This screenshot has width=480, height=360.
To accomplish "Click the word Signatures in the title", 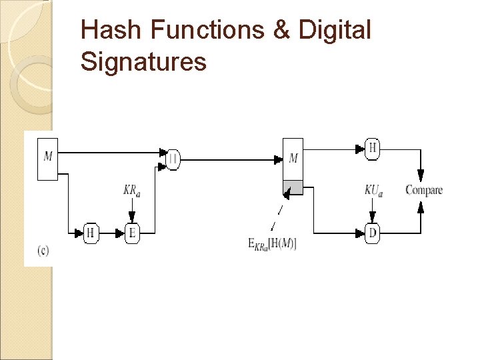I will tap(143, 62).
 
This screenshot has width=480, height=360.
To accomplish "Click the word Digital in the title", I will tap(335, 30).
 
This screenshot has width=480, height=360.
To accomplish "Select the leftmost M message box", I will tap(47, 159).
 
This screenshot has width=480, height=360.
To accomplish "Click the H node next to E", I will tap(91, 233).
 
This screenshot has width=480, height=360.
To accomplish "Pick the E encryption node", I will tap(133, 233).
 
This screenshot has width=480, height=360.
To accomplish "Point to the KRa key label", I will tap(131, 191).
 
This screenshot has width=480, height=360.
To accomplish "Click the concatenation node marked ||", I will tap(173, 159).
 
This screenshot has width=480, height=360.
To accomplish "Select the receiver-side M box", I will tap(293, 159).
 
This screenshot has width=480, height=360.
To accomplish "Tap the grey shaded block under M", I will tap(293, 187).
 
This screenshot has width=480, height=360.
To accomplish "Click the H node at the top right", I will tap(373, 148).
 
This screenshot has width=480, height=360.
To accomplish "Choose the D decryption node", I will tap(373, 233).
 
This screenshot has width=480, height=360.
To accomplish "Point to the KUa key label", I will tap(374, 191).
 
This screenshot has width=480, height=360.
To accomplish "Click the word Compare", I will tap(424, 191).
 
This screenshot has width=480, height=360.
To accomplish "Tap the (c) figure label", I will tap(43, 251).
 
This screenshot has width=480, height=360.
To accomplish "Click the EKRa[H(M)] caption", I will tap(273, 244).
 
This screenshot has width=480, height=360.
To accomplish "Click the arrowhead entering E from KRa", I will tap(132, 217).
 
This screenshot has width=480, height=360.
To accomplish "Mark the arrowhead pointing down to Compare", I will tap(421, 175).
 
